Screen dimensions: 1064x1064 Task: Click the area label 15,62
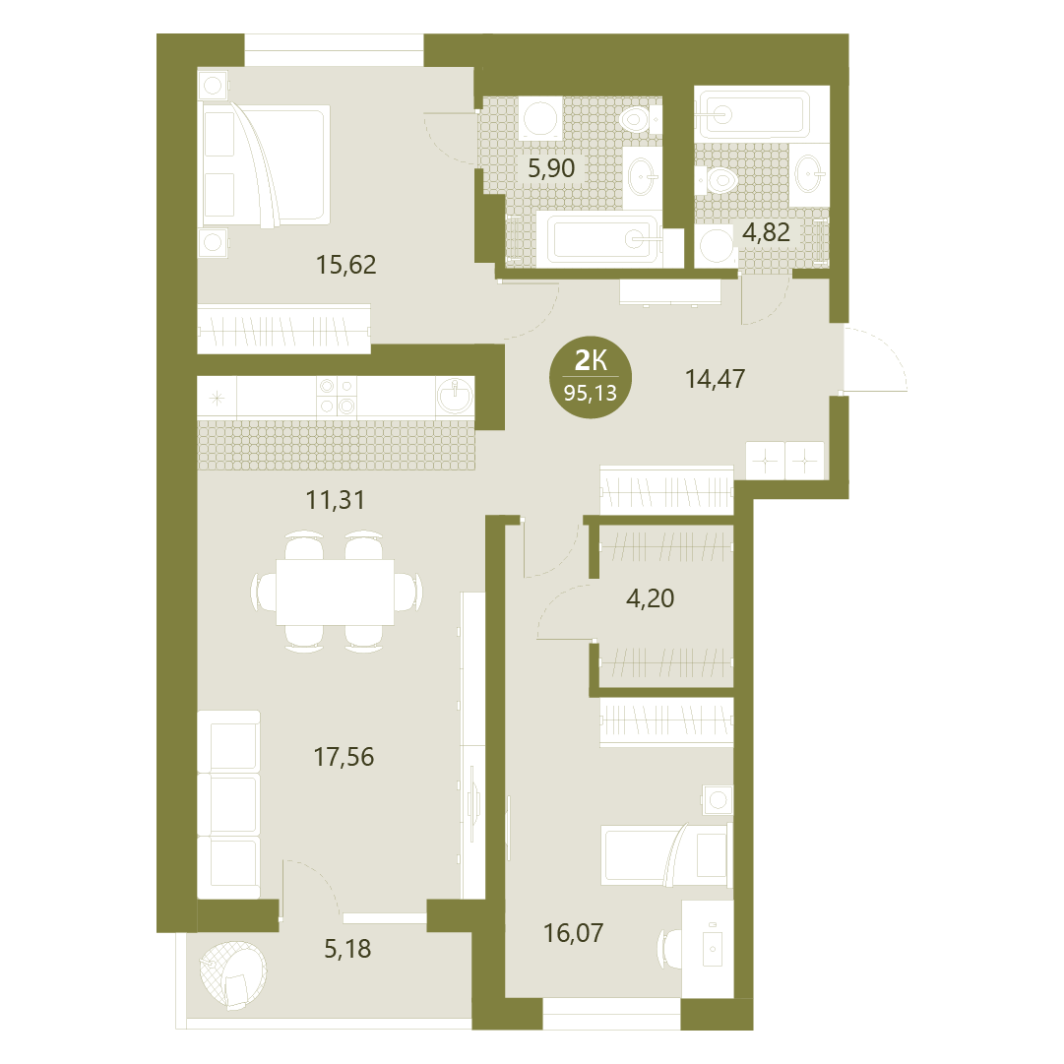(x=346, y=265)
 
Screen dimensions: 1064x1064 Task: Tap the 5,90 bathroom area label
(x=551, y=168)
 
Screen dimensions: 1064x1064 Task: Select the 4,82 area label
(x=766, y=232)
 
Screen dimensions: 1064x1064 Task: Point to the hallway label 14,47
(x=716, y=379)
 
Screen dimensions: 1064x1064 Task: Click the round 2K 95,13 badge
(x=591, y=377)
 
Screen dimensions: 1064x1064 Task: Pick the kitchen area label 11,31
(x=336, y=501)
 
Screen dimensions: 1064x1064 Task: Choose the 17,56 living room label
(x=344, y=757)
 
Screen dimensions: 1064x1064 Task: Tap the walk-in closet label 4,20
(x=650, y=598)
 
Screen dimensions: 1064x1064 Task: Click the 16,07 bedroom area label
(x=574, y=934)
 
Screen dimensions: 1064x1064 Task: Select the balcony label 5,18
(x=347, y=949)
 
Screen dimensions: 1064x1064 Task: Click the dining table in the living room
(x=336, y=592)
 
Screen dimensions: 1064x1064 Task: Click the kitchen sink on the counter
(x=455, y=395)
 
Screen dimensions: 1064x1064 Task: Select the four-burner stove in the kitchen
(x=337, y=396)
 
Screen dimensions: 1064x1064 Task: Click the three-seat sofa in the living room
(x=228, y=805)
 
